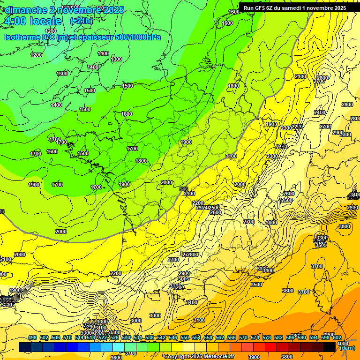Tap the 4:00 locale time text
tap(32, 22)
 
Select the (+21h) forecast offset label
tap(81, 21)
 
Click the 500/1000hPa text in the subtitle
tap(140, 37)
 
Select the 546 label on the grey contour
tap(184, 188)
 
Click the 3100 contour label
tap(199, 320)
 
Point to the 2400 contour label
tap(320, 112)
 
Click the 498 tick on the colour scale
tap(32, 337)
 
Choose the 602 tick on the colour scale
tap(337, 337)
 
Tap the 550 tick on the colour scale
tap(185, 337)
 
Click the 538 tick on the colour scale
tap(150, 337)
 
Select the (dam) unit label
tap(346, 348)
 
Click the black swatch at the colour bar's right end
tap(330, 347)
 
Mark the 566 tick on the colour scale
tap(232, 337)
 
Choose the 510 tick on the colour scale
tap(67, 337)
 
